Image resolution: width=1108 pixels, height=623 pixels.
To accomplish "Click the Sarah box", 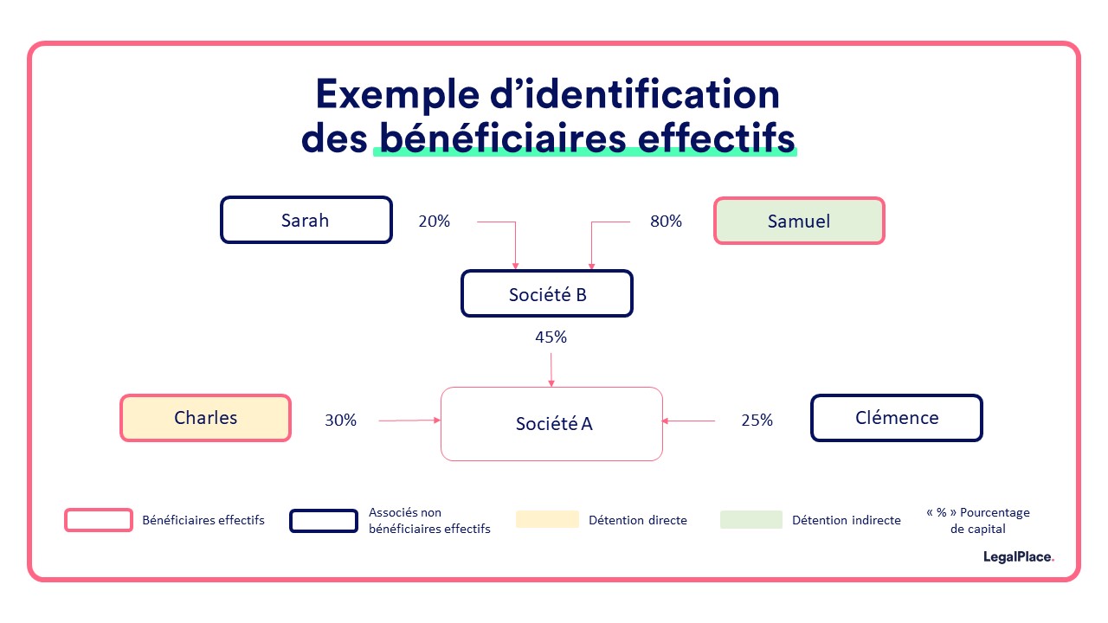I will pos(306,220).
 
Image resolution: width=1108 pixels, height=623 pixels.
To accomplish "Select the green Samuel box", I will pos(799,221).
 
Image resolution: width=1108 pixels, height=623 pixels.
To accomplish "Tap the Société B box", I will pos(547,293).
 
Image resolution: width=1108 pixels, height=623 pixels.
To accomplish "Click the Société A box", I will pos(552,423).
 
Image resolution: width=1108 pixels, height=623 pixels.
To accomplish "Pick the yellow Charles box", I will pos(205,418).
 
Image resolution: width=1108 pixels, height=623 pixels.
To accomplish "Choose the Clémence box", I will pos(896,418).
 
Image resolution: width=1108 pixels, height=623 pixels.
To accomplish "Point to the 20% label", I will pos(434,221).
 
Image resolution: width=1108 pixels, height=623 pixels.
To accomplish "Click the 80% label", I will pos(666,221).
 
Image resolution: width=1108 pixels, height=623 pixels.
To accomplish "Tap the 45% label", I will pos(551,337).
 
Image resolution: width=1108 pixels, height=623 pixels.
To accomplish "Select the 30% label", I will pos(340,420).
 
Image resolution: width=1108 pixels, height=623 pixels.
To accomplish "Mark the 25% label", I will pos(757,420).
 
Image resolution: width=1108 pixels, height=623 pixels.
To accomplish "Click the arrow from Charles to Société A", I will pos(409,421).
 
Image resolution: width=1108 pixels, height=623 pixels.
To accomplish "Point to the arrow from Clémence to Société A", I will pos(689,421).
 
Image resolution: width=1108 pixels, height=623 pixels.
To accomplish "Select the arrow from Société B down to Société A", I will pos(551,368).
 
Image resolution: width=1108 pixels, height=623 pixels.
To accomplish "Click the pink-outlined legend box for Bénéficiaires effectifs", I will pos(98,520).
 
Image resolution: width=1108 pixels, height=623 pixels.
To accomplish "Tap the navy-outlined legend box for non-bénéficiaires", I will pos(323,520).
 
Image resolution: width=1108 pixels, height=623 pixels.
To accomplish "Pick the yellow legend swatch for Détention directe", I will pos(547,519).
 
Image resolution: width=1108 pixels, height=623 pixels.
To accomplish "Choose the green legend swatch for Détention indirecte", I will pos(750,519).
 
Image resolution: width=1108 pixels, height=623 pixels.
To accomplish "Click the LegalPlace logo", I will pos(1018,557).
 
